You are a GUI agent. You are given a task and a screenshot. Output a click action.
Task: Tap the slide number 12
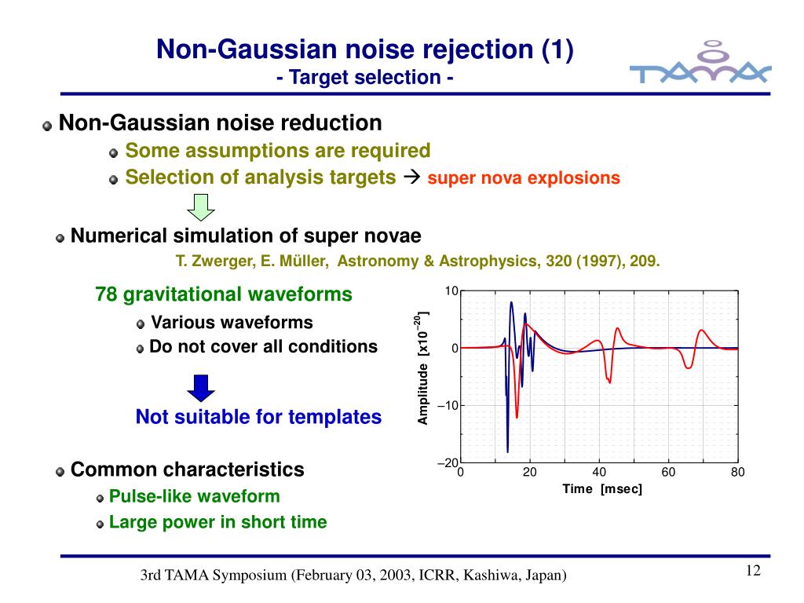point(753,571)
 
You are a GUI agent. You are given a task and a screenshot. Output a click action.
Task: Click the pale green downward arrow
point(202,207)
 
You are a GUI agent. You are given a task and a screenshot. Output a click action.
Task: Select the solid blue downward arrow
point(201,388)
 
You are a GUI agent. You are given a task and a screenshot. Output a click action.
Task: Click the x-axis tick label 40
point(599,472)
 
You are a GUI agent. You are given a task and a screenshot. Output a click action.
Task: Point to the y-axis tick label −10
point(447,406)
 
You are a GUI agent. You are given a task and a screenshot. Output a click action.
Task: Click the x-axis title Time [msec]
point(602,489)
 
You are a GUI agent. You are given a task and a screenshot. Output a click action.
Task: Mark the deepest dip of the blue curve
point(507,451)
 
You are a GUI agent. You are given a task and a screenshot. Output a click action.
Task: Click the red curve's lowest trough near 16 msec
point(517,416)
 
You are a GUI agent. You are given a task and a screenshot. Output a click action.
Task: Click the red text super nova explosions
point(524,178)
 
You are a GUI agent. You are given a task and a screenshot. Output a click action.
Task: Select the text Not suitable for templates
point(258,417)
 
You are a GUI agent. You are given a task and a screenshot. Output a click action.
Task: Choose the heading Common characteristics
point(187,470)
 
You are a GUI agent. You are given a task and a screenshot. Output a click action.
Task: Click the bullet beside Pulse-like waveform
point(100,498)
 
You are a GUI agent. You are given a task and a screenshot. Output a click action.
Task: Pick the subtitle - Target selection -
point(365,78)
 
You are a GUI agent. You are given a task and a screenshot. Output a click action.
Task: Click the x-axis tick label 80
point(736,472)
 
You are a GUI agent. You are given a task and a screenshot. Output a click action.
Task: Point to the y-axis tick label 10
point(451,291)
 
